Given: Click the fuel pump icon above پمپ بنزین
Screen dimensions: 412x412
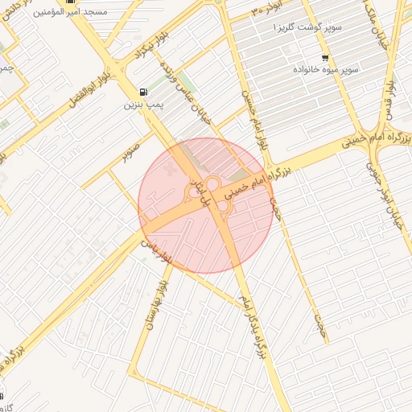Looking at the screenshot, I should tap(143, 93).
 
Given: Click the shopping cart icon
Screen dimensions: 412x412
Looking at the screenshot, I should tap(324, 58).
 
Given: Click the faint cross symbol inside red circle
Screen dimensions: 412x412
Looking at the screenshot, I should tap(168, 170).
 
